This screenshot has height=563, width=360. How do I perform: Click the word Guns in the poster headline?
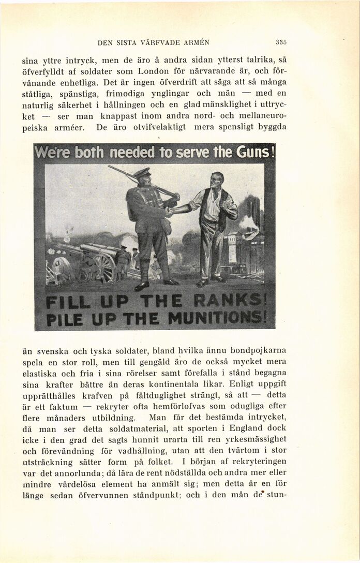point(253,153)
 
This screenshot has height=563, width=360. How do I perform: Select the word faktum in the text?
point(64,406)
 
